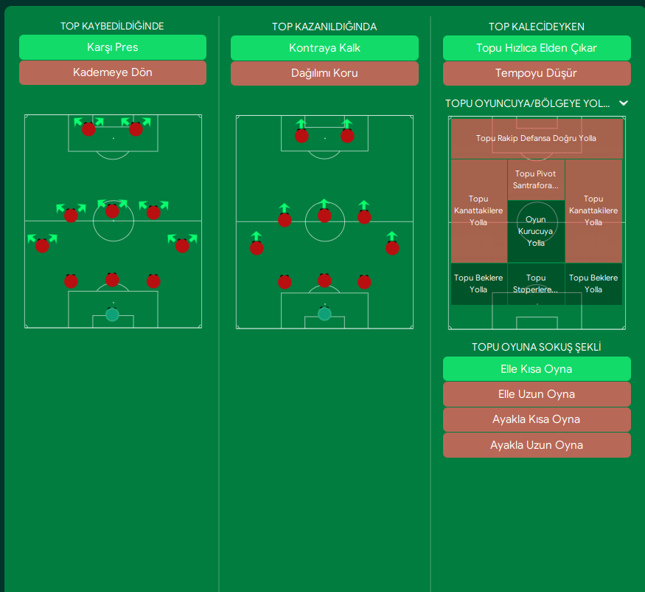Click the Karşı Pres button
112,47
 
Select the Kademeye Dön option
112,72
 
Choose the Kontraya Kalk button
324,47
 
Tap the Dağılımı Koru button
324,72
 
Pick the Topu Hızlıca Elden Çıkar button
537,47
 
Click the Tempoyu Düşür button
537,72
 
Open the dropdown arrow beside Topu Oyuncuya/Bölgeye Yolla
624,103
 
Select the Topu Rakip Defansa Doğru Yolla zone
536,138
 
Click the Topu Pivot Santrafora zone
536,179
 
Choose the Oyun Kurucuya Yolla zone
536,231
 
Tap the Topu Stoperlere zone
536,283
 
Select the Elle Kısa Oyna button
537,368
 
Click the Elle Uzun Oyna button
537,393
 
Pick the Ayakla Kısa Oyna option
537,419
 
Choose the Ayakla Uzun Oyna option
537,444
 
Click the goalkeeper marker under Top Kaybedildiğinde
112,314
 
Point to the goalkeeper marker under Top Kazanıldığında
324,314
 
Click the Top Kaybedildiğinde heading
112,27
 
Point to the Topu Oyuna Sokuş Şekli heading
537,347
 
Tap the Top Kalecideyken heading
537,27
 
